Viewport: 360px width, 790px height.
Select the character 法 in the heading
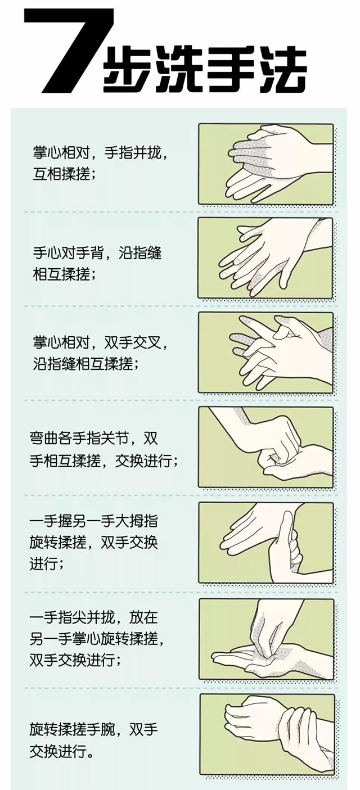[x=280, y=70]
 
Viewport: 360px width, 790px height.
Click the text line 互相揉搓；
[x=64, y=174]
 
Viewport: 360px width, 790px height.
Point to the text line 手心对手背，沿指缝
[x=97, y=253]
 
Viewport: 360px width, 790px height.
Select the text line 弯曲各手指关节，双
[x=93, y=439]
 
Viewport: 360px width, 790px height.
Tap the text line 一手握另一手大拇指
[x=93, y=521]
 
